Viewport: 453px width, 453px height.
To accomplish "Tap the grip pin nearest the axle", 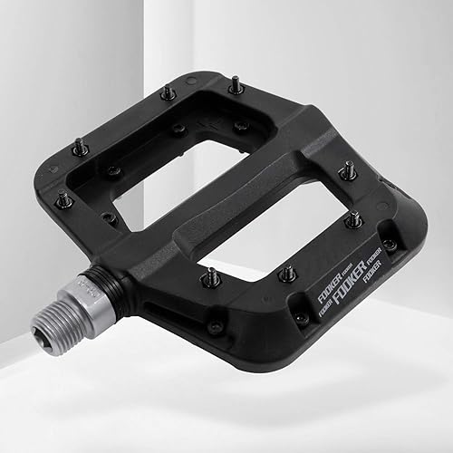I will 209,275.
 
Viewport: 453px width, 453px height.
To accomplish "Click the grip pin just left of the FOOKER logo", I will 288,273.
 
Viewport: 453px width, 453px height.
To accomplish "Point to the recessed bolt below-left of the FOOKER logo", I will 301,318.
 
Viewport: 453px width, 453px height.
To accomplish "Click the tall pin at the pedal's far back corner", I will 235,85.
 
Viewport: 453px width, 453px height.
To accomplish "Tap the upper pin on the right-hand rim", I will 346,169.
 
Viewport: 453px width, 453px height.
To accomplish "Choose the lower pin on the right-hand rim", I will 356,218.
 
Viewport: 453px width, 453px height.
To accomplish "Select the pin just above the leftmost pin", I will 79,145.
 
